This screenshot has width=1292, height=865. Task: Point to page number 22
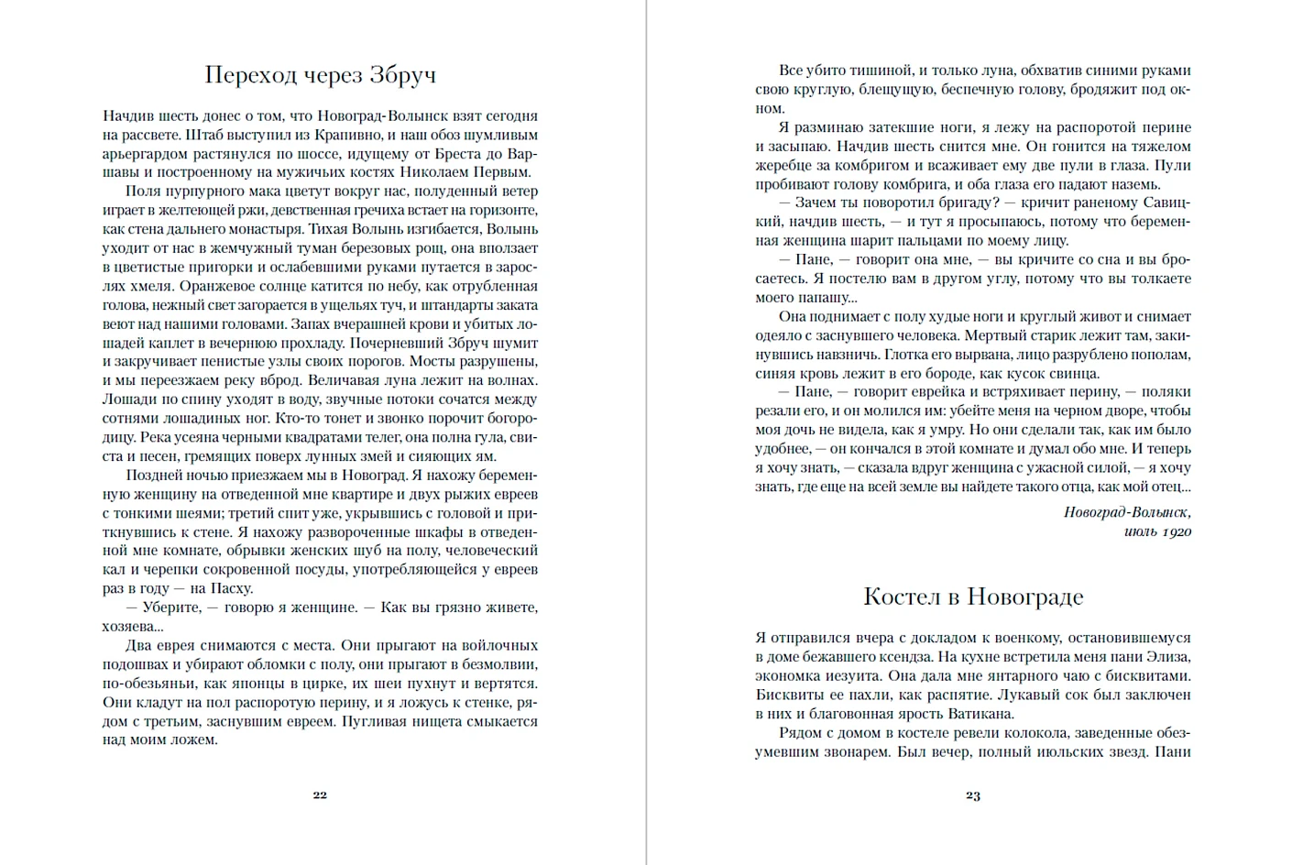320,795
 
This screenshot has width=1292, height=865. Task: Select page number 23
973,796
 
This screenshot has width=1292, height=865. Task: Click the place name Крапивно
335,135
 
